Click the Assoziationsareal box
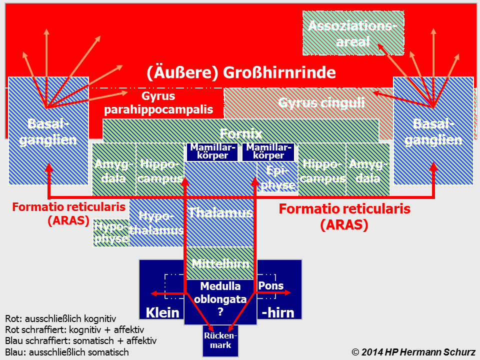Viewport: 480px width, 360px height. pos(353,33)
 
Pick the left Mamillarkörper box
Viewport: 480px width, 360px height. pos(212,151)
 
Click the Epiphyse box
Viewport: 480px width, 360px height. pos(278,178)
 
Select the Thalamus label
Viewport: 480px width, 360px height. pos(220,212)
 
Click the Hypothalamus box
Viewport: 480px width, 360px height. pos(156,223)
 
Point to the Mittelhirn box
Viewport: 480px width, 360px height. pos(220,263)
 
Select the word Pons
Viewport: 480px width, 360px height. pos(270,286)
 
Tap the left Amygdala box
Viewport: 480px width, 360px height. pos(114,170)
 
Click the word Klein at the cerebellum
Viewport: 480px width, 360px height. pos(162,313)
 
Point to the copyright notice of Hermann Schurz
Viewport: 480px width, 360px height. pos(413,351)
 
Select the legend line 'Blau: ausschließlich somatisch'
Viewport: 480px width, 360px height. pos(67,352)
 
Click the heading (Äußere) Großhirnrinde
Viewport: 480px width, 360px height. pos(241,72)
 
